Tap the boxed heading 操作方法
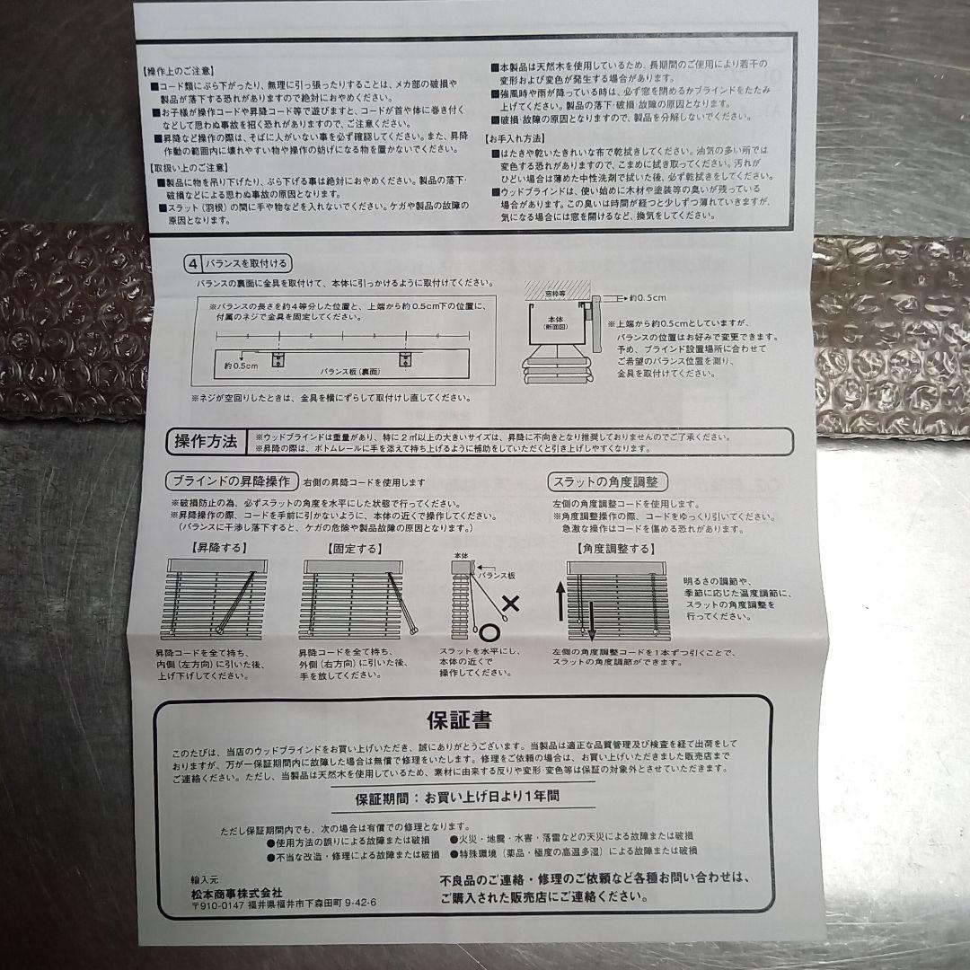(206, 441)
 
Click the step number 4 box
(192, 264)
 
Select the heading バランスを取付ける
(247, 264)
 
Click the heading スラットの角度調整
(608, 482)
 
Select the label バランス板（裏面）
(351, 370)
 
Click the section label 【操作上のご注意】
(181, 70)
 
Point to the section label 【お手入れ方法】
(516, 139)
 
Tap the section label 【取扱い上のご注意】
(186, 168)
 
